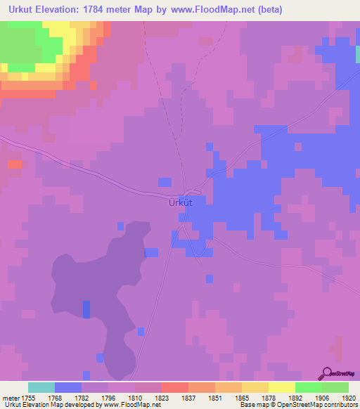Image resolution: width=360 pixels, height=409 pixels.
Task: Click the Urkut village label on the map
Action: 180,202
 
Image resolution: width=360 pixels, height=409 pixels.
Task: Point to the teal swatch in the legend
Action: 41,387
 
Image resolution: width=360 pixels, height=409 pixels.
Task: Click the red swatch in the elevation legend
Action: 174,387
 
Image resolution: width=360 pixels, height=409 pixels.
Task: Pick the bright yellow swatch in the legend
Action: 282,387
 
